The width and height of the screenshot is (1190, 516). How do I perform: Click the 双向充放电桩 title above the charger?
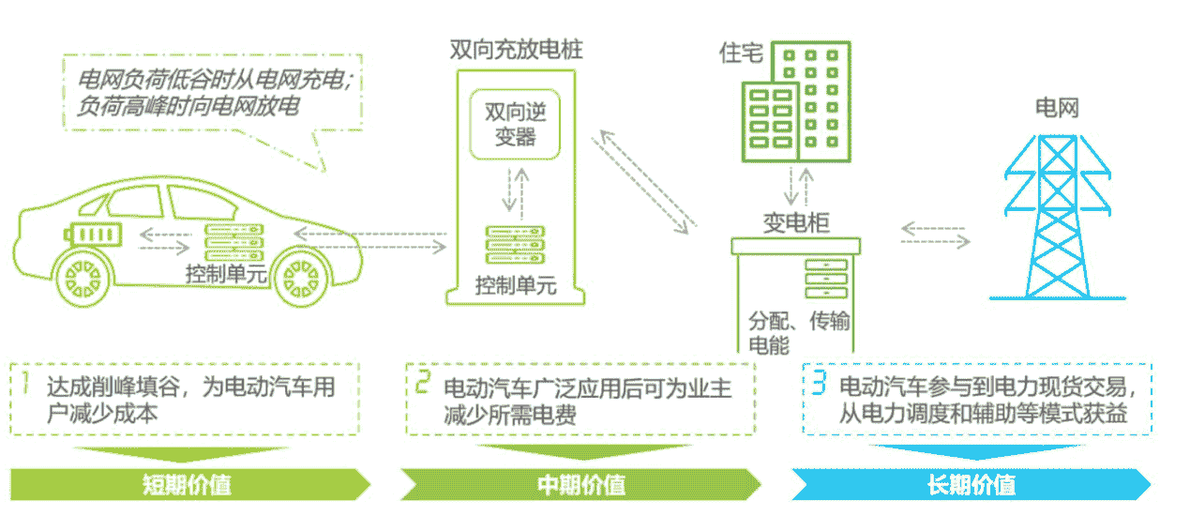tap(516, 49)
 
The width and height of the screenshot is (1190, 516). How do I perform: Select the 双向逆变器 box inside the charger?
tap(515, 125)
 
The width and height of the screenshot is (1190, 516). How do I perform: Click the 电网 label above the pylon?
tap(1057, 107)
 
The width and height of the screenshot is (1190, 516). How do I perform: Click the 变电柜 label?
tap(795, 223)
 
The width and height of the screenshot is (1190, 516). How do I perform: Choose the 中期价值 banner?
tap(581, 485)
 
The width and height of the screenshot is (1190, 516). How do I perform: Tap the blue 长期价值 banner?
tap(971, 485)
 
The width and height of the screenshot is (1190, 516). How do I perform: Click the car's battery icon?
tap(93, 232)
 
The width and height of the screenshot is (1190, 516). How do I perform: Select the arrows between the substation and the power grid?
tap(935, 235)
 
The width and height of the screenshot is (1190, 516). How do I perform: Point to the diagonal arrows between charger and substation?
tap(647, 183)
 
